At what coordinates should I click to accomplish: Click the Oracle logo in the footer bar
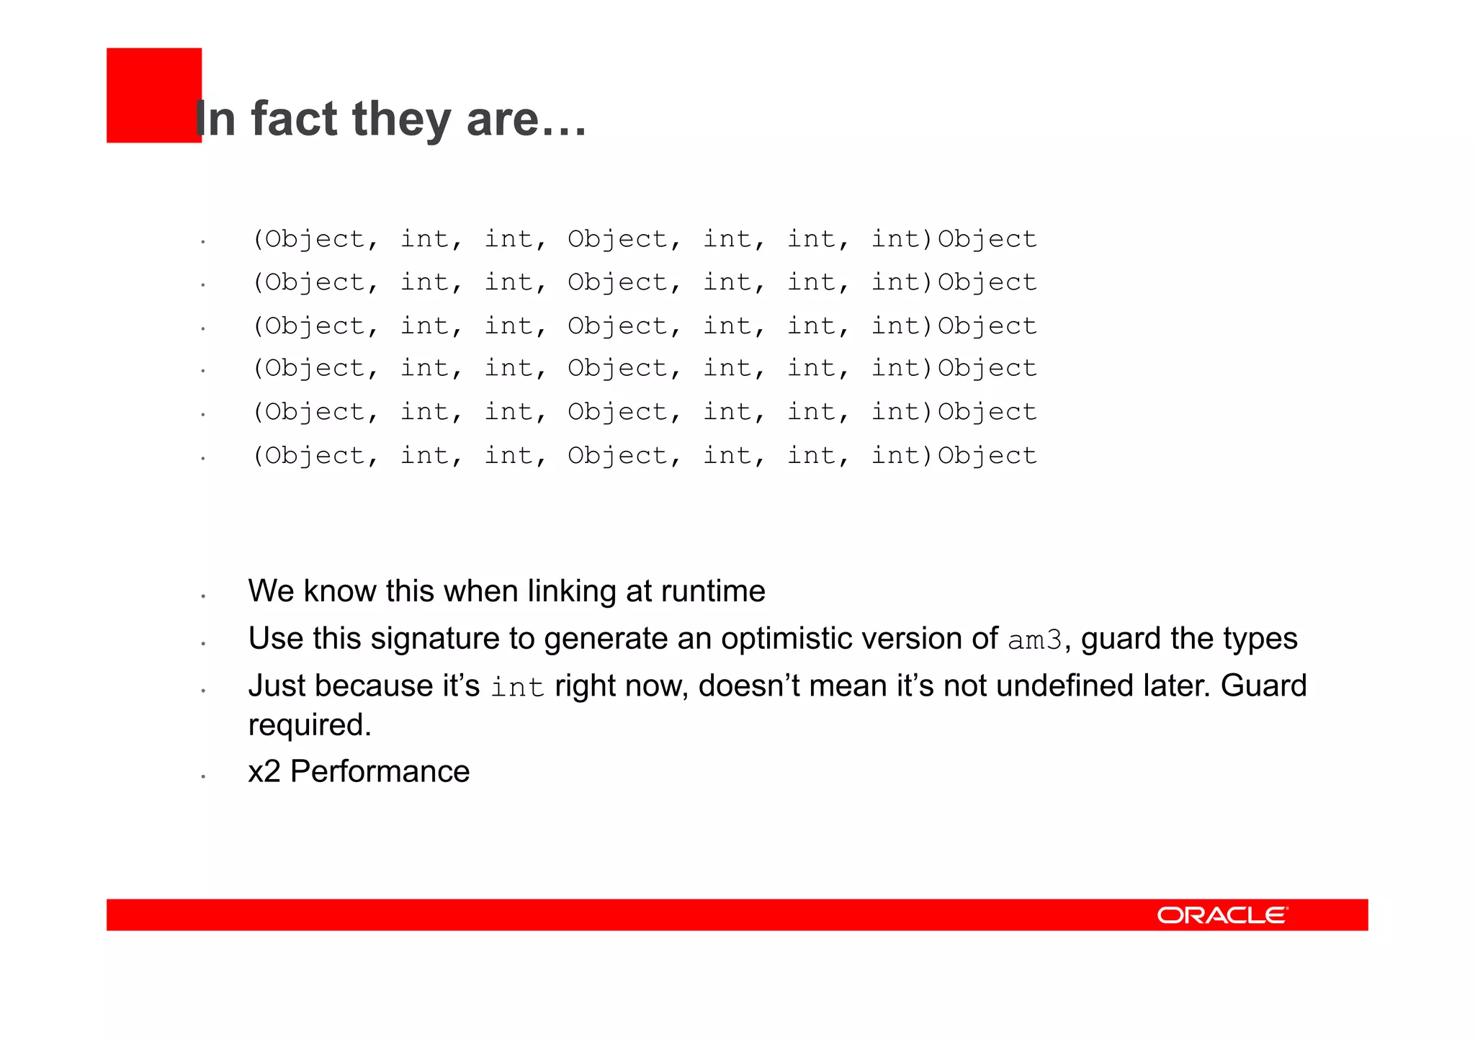coord(1222,915)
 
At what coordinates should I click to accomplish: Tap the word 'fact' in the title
coord(294,119)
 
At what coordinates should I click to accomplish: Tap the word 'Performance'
coord(380,772)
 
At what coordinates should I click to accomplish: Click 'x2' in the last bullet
coord(264,772)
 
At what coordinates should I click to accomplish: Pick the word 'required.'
coord(310,725)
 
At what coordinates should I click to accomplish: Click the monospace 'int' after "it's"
coord(517,687)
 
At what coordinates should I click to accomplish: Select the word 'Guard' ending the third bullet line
coord(1263,686)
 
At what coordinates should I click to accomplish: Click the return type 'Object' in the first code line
coord(987,239)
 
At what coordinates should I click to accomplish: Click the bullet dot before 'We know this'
coord(204,596)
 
